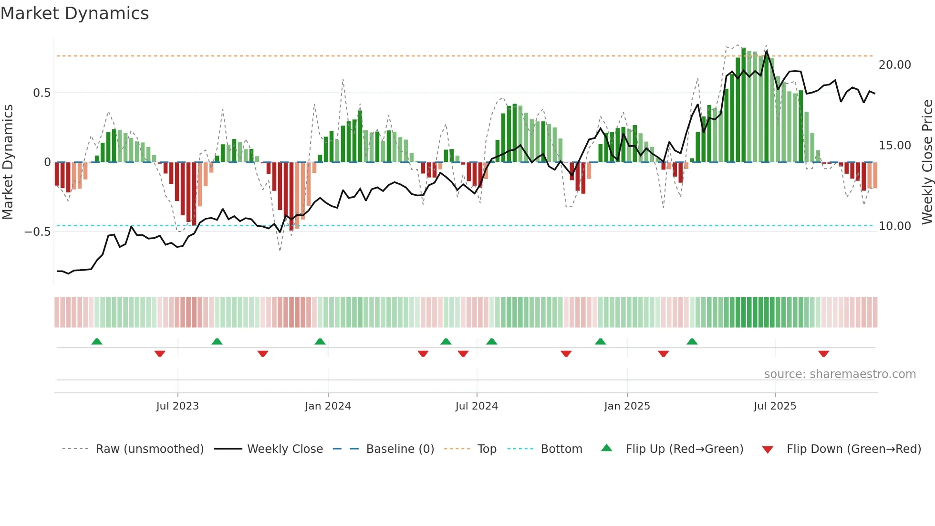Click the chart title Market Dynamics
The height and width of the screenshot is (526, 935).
tap(74, 13)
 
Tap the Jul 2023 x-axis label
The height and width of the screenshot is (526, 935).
tap(177, 406)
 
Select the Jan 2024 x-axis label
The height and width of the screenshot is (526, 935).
tap(328, 406)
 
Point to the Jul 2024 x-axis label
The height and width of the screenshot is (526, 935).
tap(477, 406)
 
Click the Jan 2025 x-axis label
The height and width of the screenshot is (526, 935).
tap(627, 406)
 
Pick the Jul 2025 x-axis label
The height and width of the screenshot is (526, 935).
tap(775, 406)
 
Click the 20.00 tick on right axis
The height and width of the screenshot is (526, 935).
tap(894, 65)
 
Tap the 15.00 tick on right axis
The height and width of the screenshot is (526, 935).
tap(894, 146)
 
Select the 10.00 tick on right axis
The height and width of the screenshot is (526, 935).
tap(894, 226)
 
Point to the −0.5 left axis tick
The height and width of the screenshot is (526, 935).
tap(37, 232)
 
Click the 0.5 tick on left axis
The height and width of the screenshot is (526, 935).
tap(42, 93)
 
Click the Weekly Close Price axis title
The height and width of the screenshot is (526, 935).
tap(927, 162)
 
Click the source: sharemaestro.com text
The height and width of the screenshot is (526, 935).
tap(840, 374)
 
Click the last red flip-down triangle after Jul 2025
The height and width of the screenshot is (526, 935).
tap(823, 354)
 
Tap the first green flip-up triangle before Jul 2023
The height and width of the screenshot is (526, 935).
tap(97, 341)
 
